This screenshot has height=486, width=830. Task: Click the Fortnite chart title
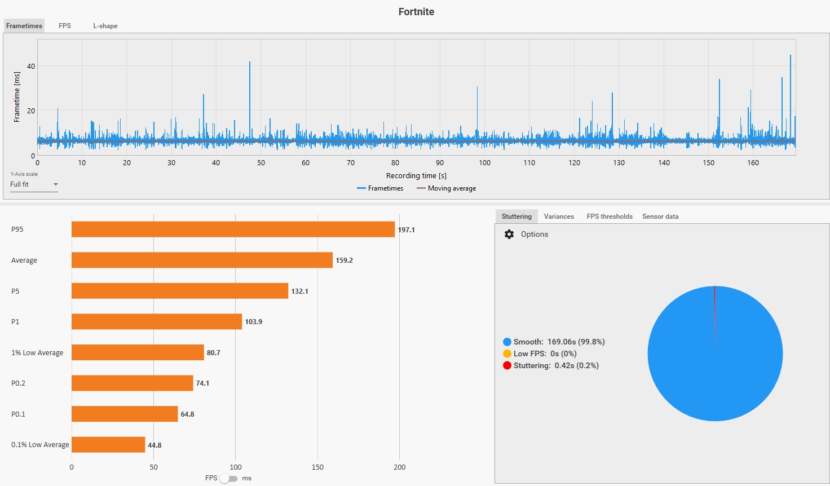[416, 12]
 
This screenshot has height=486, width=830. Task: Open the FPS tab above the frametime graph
[64, 26]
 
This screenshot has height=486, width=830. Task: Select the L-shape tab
[105, 26]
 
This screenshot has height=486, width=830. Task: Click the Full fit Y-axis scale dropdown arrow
[56, 184]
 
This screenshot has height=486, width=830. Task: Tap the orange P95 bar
[233, 229]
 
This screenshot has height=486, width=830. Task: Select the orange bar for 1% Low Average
[138, 352]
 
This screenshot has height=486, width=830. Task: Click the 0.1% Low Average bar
[108, 444]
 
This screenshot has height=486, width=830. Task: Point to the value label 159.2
[344, 260]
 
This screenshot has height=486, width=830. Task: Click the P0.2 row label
[18, 383]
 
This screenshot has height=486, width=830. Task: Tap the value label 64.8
[187, 414]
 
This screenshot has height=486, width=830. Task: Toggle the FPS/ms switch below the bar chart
[228, 478]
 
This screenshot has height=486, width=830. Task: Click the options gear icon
[509, 234]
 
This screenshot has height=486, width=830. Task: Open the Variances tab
[559, 217]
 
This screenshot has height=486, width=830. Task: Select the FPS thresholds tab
[610, 217]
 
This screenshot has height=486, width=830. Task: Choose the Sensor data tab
[660, 217]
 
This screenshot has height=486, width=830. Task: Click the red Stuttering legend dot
[507, 365]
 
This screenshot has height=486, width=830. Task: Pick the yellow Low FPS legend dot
[507, 354]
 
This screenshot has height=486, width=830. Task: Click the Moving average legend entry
[446, 188]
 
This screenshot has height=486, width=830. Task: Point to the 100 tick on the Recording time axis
[484, 162]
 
